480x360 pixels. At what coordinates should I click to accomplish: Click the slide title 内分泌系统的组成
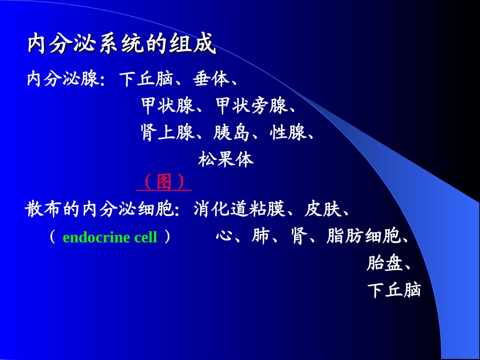(122, 44)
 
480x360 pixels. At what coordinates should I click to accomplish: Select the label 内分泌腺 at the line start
(63, 79)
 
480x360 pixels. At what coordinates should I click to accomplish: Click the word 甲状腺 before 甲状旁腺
(167, 106)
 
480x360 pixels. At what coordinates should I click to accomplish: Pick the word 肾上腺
(167, 133)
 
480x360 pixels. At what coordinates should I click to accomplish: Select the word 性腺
(288, 133)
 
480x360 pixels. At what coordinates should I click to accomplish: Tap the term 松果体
(226, 160)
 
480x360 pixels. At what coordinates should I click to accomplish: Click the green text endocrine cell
(110, 237)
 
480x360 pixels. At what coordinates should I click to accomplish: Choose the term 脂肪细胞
(363, 236)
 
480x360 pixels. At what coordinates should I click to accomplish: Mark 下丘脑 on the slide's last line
(394, 290)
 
